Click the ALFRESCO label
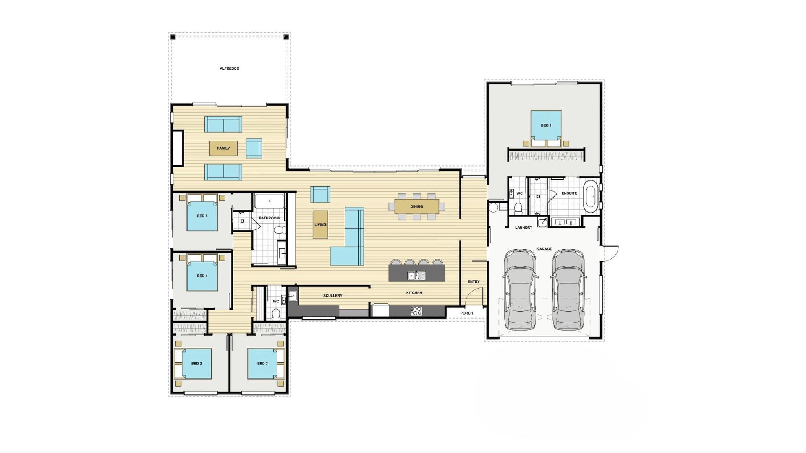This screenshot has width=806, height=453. [x=230, y=68]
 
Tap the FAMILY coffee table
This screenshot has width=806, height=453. [x=223, y=148]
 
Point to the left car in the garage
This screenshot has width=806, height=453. [x=520, y=289]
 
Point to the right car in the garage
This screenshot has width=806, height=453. [x=568, y=289]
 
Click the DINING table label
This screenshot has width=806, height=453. [x=416, y=206]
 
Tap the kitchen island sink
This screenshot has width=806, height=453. [x=416, y=276]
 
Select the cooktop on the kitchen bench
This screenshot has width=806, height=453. [x=416, y=311]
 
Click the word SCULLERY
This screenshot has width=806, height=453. [x=332, y=296]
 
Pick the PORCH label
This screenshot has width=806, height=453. [x=466, y=313]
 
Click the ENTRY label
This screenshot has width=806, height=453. [x=474, y=282]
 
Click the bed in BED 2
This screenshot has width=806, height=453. [x=196, y=364]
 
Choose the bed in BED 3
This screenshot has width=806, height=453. [x=262, y=364]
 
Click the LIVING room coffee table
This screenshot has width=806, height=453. [x=320, y=224]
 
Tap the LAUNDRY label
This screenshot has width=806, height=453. [x=523, y=227]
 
